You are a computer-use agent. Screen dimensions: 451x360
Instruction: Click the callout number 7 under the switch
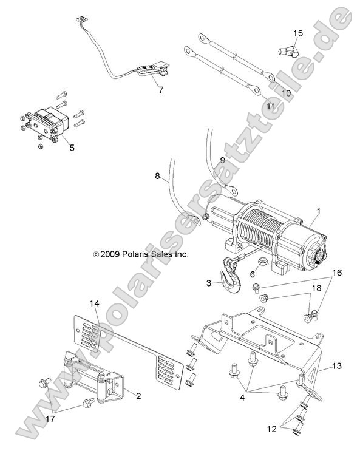coord(160,90)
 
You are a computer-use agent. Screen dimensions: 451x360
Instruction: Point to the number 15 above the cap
coord(298,33)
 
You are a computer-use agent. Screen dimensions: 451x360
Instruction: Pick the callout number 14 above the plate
coord(94,303)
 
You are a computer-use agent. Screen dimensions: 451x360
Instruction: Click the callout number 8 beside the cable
coord(158,177)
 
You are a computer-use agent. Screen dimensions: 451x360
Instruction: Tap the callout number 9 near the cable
coord(222,160)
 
